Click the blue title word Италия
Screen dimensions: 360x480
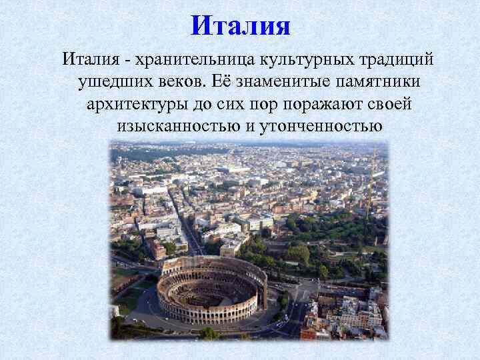[241, 27]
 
